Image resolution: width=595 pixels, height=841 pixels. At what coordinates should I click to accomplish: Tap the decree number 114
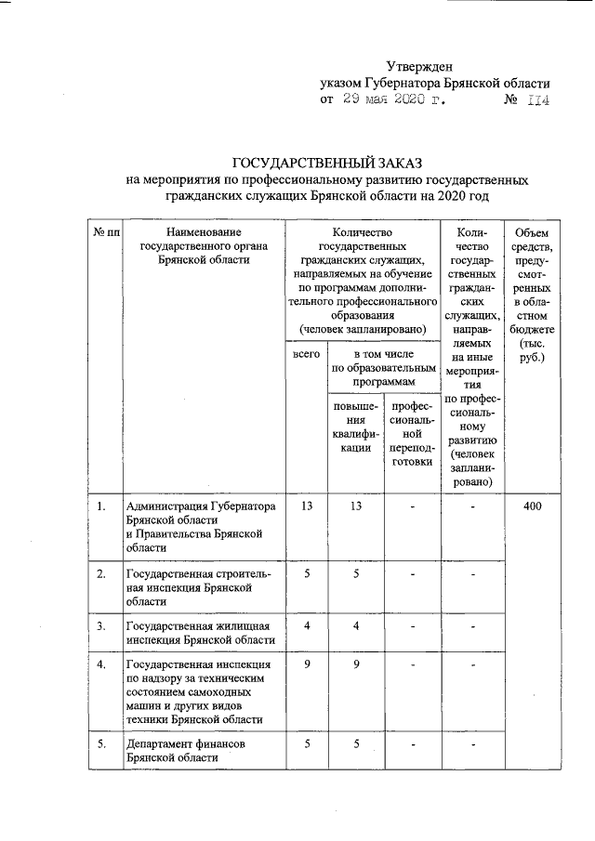click(538, 100)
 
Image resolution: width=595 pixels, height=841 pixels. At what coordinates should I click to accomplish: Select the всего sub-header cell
click(304, 355)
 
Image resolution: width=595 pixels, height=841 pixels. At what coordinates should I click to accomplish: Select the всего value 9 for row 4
click(304, 664)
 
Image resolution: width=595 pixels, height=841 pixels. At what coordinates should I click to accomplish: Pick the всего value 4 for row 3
click(304, 626)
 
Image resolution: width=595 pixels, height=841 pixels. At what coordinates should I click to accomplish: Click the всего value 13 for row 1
click(304, 506)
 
